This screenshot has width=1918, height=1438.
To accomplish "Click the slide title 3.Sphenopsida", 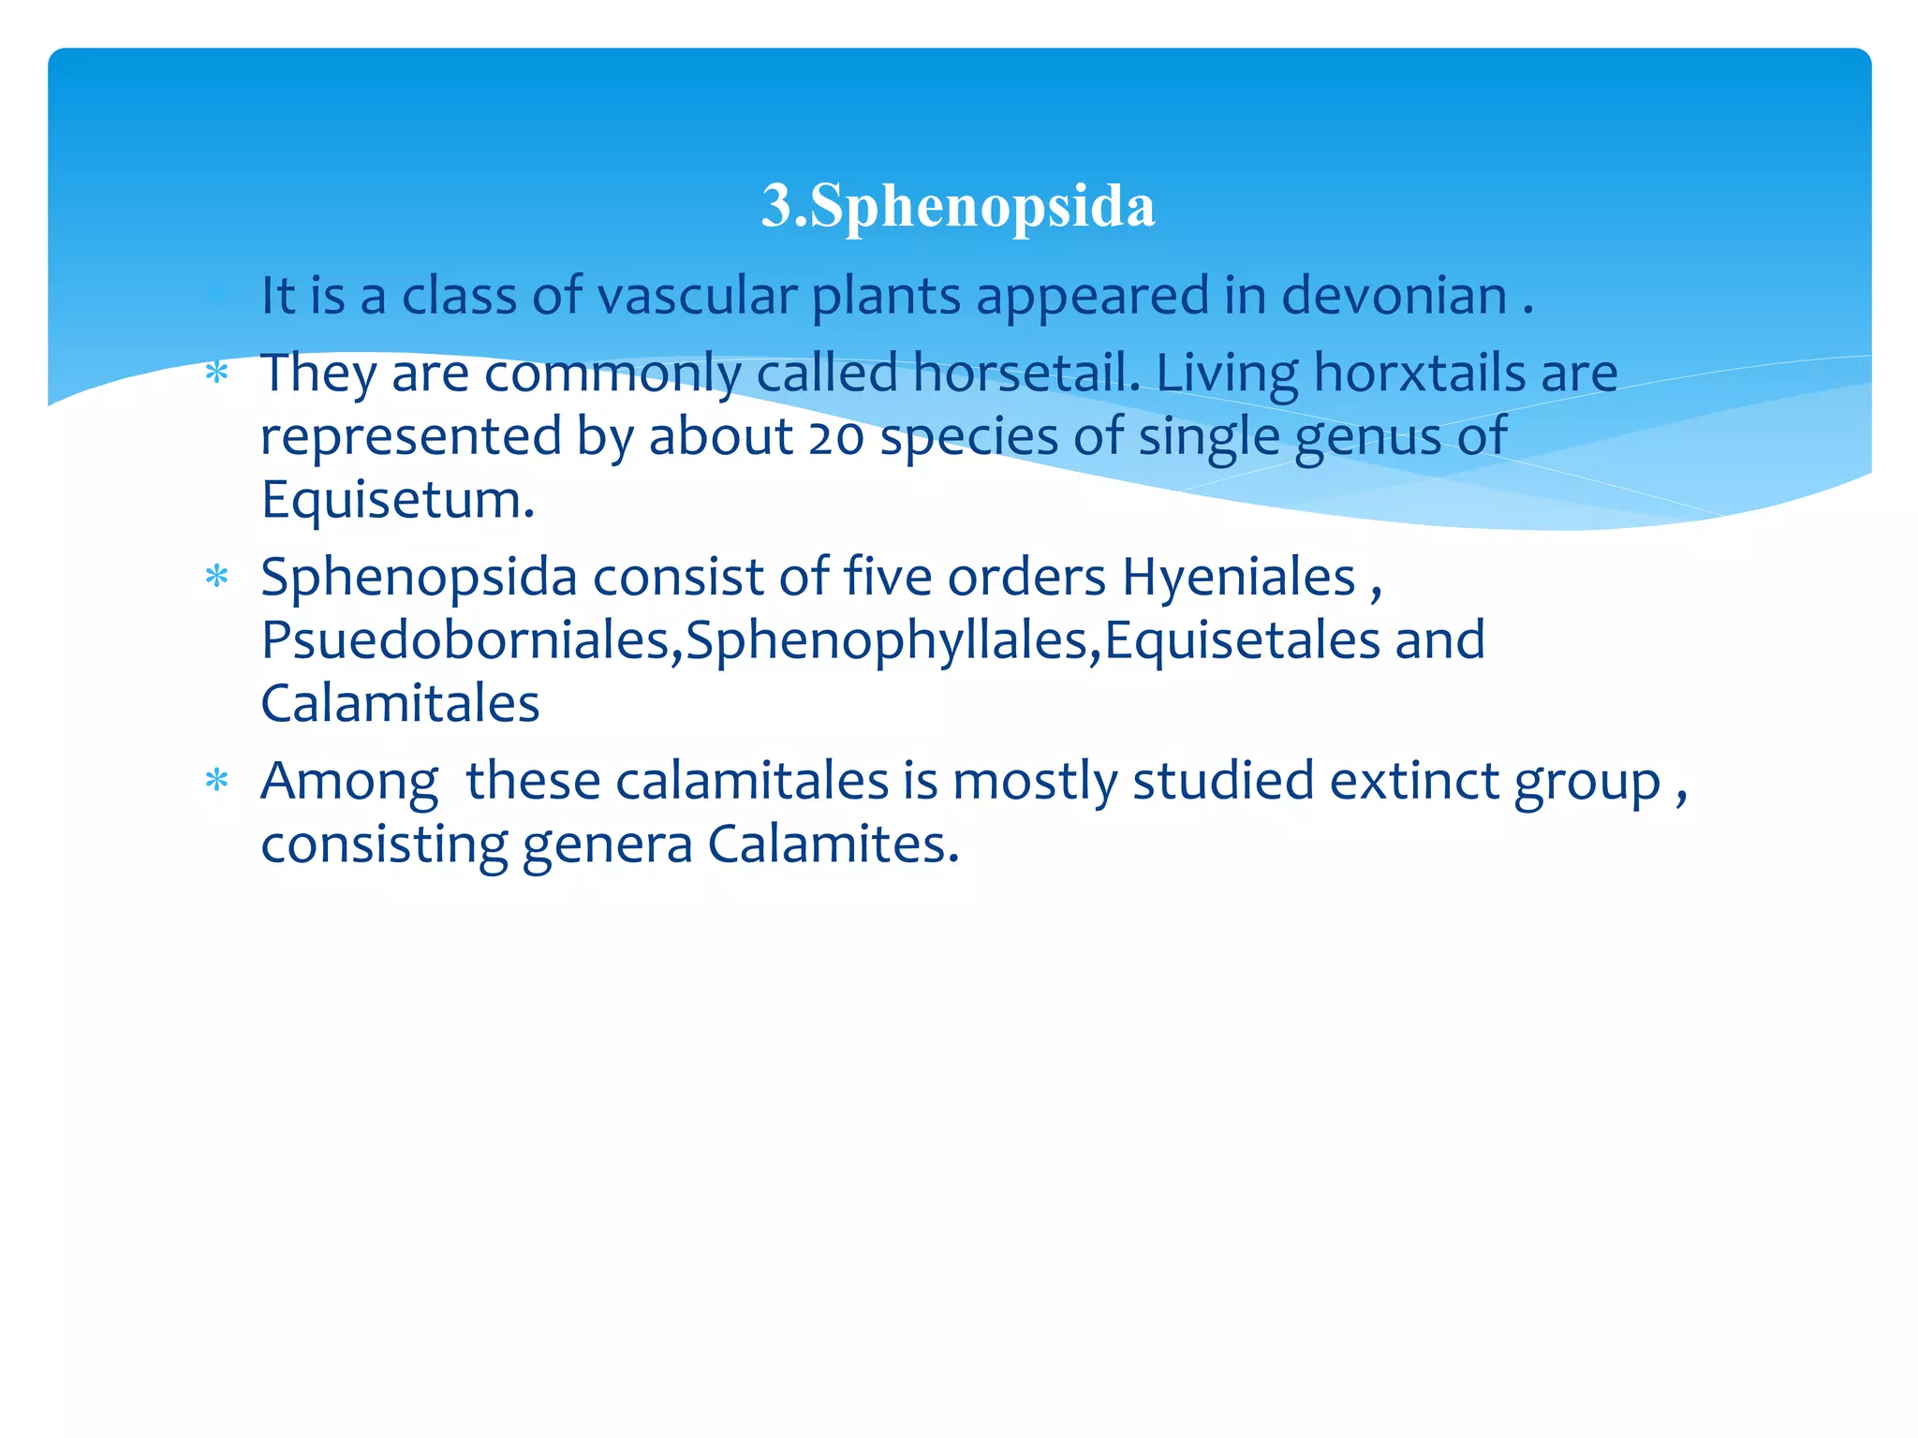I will click(x=958, y=205).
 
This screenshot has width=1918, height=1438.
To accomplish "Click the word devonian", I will click(x=1394, y=296).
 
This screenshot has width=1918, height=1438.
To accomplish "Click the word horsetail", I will click(x=1025, y=373).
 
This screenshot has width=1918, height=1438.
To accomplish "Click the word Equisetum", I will click(x=396, y=499).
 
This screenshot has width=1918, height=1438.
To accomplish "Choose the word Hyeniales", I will click(x=1238, y=577).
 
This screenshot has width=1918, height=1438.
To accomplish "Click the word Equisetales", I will click(x=1242, y=640).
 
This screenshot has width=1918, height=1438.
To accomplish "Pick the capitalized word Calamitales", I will click(x=400, y=704).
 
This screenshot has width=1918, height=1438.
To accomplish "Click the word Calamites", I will click(x=833, y=844).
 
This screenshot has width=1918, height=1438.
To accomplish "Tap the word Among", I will click(x=348, y=781).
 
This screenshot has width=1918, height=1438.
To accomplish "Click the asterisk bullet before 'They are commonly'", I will click(x=216, y=374).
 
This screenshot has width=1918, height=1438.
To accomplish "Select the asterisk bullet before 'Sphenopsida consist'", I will click(x=216, y=577).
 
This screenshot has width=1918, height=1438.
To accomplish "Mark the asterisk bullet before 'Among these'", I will click(x=216, y=780).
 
